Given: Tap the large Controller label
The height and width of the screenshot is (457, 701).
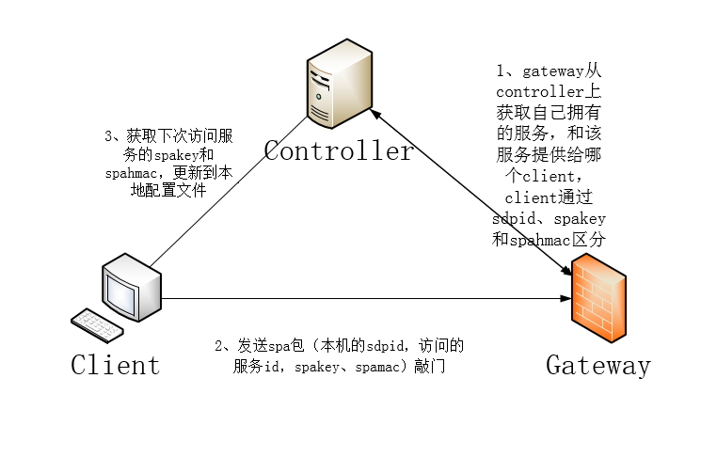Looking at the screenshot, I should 338,151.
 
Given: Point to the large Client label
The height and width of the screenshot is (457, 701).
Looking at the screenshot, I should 115,365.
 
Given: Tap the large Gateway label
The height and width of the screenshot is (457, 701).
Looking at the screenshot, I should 597,365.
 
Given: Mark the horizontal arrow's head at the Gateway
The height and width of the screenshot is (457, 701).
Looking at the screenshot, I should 566,299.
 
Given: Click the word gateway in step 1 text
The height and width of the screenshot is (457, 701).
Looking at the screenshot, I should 551,71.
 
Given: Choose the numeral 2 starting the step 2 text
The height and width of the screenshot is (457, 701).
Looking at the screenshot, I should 218,347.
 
